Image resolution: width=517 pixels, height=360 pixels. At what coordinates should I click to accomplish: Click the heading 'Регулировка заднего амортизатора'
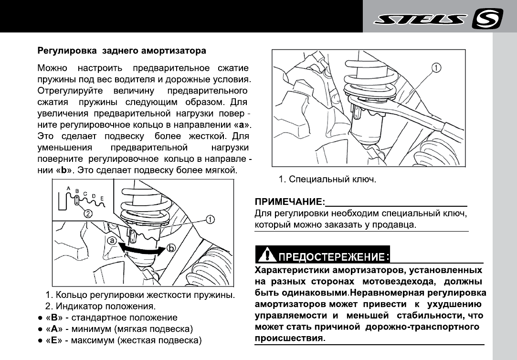click(x=122, y=50)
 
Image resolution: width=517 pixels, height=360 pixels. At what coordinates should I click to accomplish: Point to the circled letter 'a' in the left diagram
click(x=112, y=241)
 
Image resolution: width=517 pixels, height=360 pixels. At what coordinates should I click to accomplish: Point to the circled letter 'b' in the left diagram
click(x=172, y=248)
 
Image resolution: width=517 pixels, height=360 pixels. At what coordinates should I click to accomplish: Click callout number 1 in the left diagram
click(x=210, y=220)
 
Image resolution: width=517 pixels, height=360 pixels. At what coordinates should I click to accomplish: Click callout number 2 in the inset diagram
click(x=88, y=214)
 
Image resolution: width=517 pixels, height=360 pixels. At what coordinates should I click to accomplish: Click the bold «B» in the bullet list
click(x=54, y=318)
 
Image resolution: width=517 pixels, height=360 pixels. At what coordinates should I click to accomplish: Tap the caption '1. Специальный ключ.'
click(x=328, y=180)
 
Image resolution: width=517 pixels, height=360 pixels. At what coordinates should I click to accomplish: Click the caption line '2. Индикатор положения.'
click(x=100, y=306)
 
